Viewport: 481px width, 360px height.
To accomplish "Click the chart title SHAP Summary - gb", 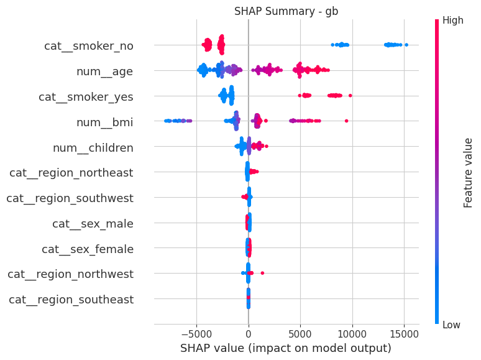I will coord(286,11).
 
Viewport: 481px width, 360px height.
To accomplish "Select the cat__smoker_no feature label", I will coord(89,46).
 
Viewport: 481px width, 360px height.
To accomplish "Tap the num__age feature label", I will coord(104,72).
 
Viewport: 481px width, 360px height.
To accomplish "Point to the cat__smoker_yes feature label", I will coord(86,97).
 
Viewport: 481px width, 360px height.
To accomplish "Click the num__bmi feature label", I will coord(104,122).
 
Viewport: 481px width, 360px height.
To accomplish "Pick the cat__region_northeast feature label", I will coord(71,173).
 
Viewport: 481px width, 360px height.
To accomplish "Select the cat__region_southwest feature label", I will coord(70,198).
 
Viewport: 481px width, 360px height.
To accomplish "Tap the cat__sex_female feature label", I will coord(88,249).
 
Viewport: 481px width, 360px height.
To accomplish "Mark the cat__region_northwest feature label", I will coord(70,274).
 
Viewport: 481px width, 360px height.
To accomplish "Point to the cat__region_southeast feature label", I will coord(71,300).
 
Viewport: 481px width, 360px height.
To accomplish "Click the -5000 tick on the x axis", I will coord(196,333).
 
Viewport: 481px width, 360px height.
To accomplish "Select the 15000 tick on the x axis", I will coord(405,333).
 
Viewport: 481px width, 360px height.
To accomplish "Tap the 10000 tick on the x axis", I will coord(352,333).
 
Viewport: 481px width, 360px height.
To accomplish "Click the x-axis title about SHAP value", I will coord(286,348).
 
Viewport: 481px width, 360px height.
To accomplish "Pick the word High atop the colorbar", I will coord(452,21).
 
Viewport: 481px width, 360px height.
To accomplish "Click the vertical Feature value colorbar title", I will coord(469,173).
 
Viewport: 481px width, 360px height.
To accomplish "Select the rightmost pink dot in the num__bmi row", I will coord(346,121).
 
